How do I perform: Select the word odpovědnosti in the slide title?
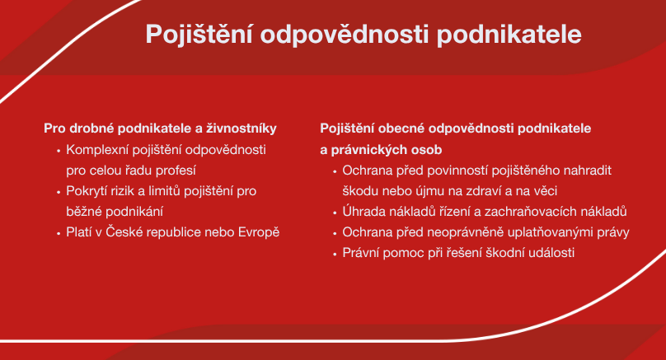(345, 35)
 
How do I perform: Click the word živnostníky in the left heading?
(242, 129)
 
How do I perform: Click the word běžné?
(84, 212)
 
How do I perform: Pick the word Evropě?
(259, 232)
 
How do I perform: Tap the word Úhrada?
(362, 212)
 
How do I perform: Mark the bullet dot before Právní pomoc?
(335, 255)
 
